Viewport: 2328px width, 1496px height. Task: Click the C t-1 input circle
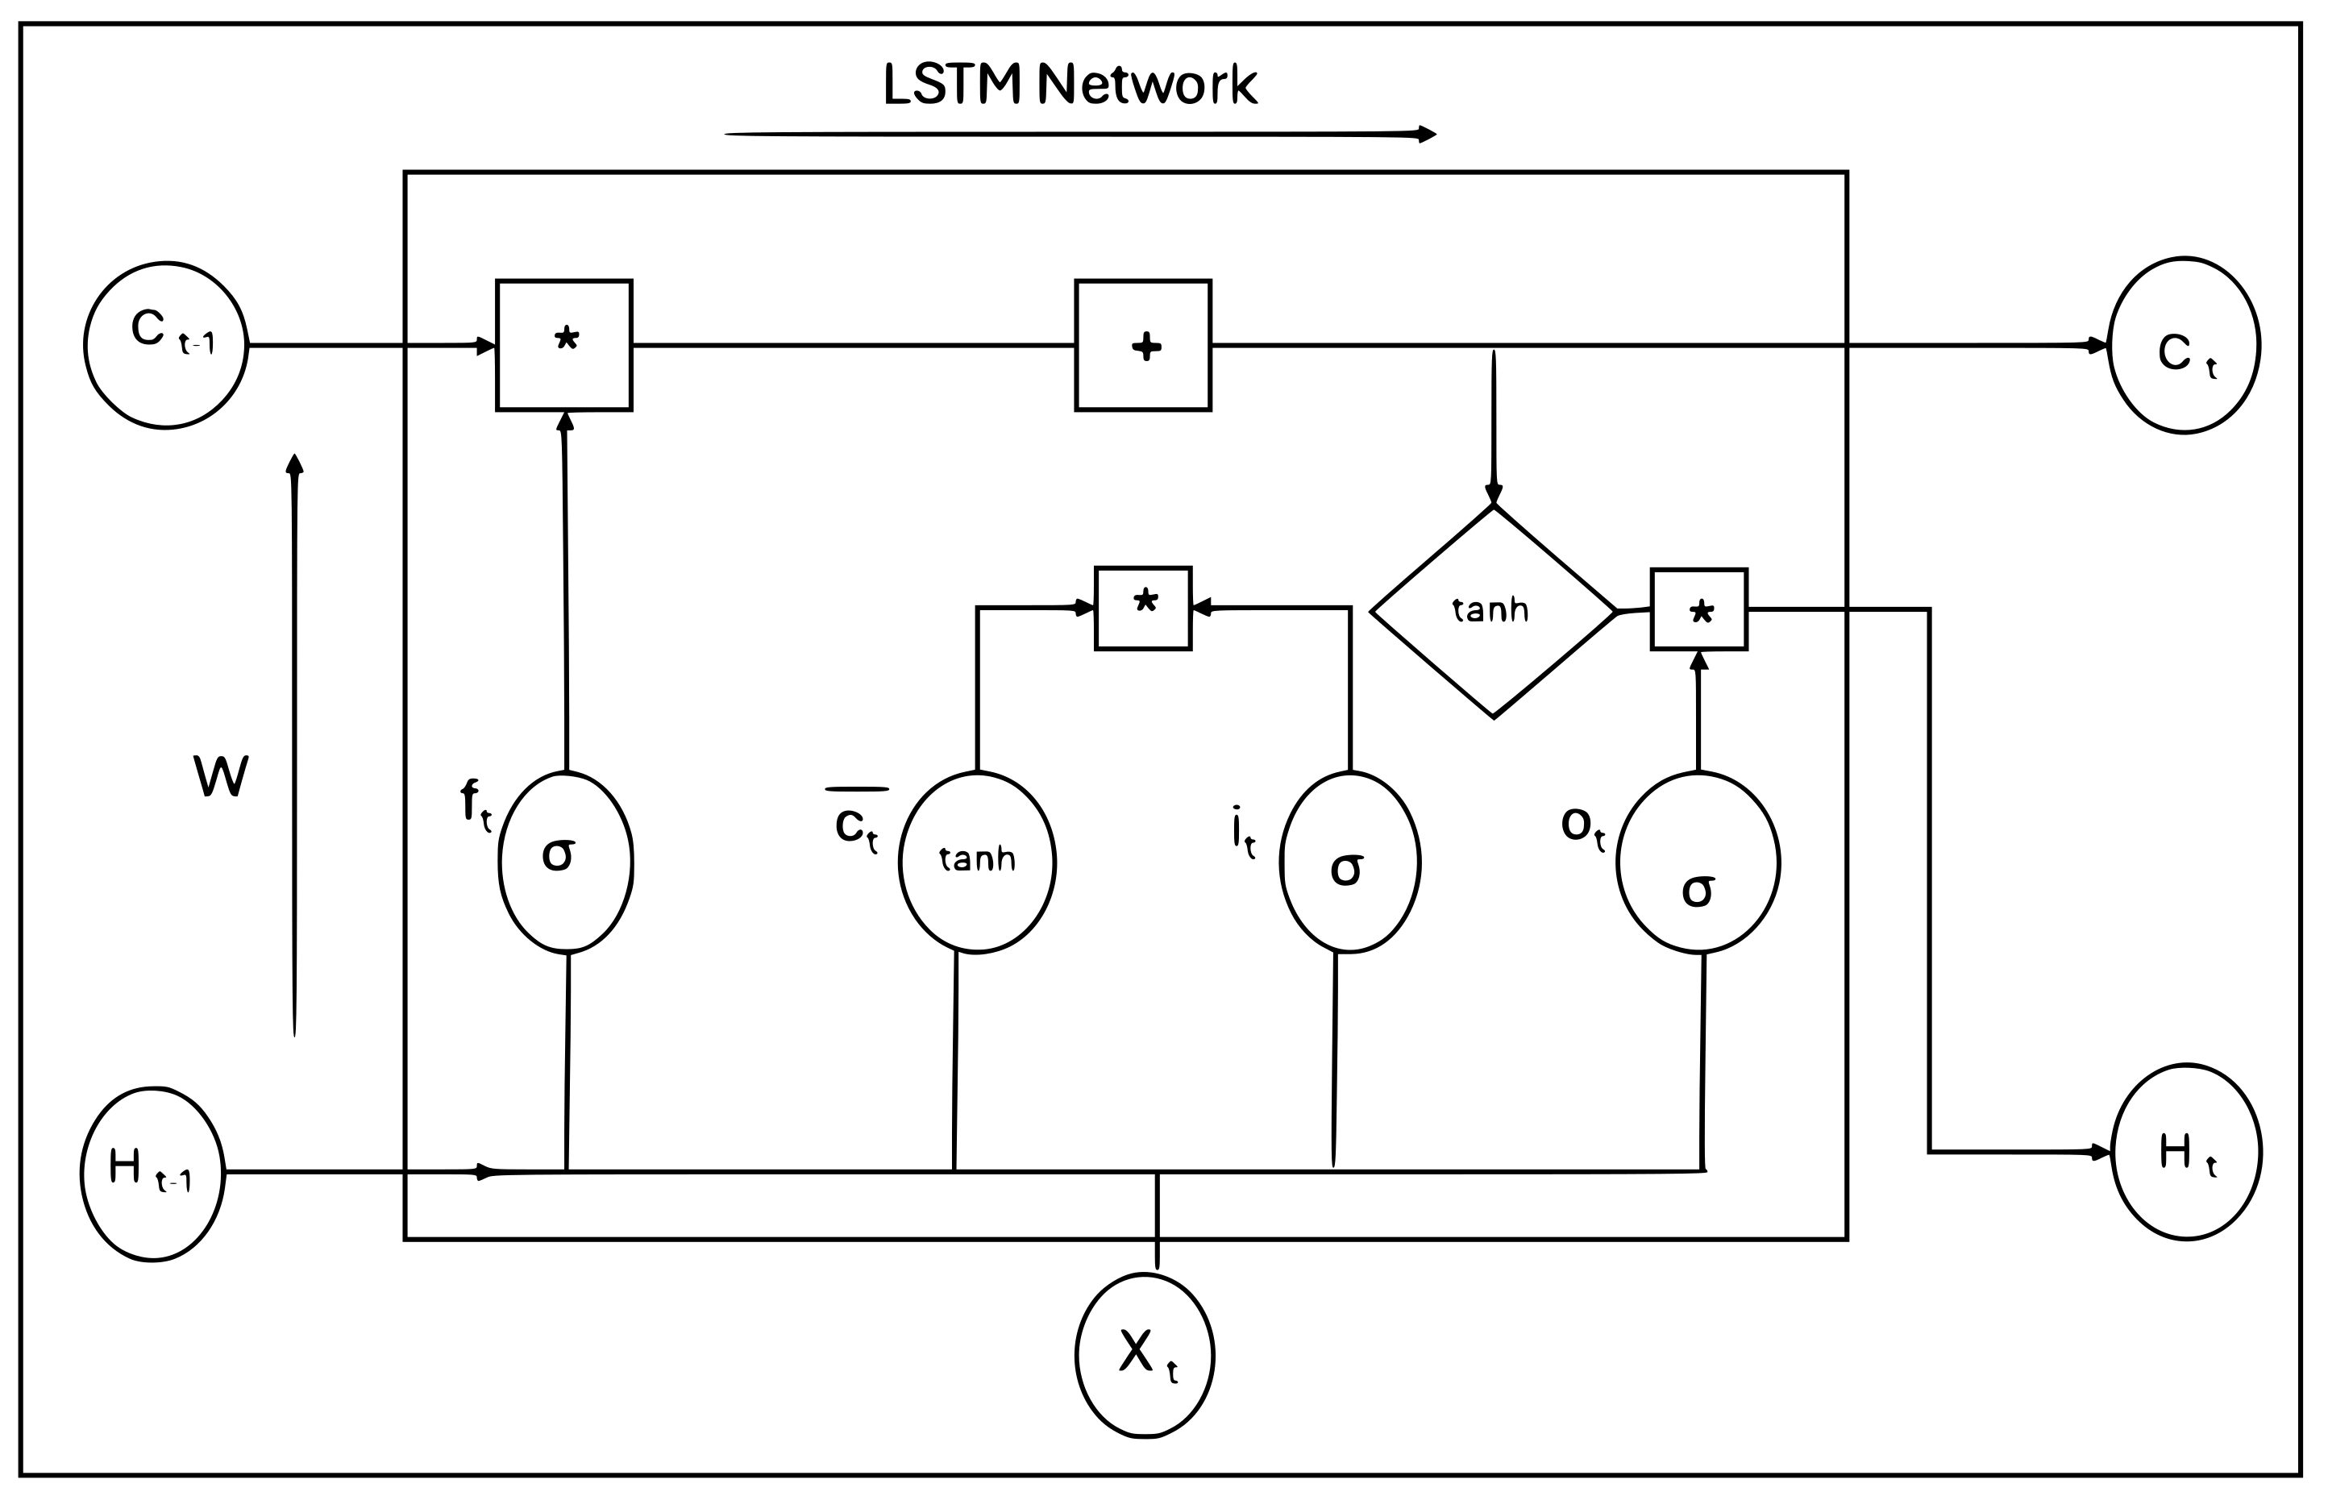pyautogui.click(x=165, y=345)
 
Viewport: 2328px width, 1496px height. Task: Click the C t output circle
pyautogui.click(x=2185, y=346)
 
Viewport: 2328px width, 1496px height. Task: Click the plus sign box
pyautogui.click(x=1143, y=346)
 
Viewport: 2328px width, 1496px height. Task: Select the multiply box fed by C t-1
pyautogui.click(x=564, y=346)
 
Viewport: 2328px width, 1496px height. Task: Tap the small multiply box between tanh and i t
pyautogui.click(x=1143, y=608)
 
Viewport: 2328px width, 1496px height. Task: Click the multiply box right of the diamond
pyautogui.click(x=1698, y=609)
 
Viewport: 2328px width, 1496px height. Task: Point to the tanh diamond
pyautogui.click(x=1493, y=612)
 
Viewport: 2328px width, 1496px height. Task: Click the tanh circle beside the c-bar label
pyautogui.click(x=977, y=862)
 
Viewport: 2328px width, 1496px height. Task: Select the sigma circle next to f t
pyautogui.click(x=566, y=862)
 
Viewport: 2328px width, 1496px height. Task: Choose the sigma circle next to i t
pyautogui.click(x=1350, y=862)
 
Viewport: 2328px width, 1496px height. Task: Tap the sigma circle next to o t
pyautogui.click(x=1698, y=862)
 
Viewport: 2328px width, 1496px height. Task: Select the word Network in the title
pyautogui.click(x=1148, y=85)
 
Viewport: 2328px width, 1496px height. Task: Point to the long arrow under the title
pyautogui.click(x=1078, y=134)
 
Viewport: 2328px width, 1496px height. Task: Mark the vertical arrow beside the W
pyautogui.click(x=294, y=748)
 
